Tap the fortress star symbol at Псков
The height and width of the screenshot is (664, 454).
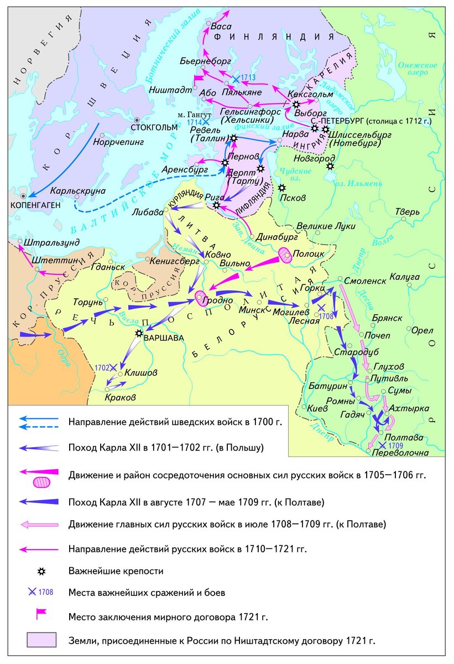coord(282,188)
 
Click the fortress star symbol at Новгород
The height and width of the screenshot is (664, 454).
coord(330,165)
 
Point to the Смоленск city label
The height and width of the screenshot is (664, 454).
coord(364,281)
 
